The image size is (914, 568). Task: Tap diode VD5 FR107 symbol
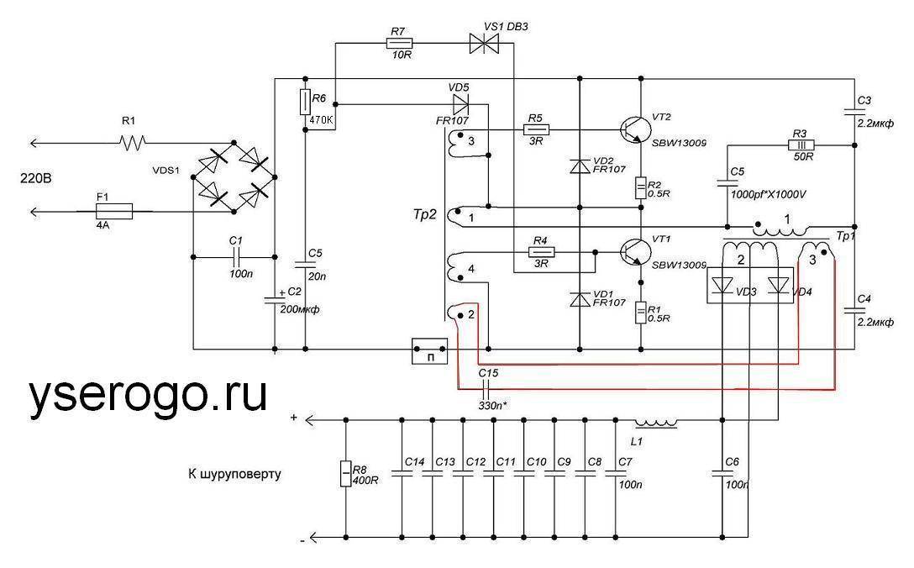coord(460,104)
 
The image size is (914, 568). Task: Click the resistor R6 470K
coord(305,103)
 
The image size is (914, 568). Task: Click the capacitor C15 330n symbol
coord(485,388)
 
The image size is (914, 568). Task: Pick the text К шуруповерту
coord(234,475)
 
